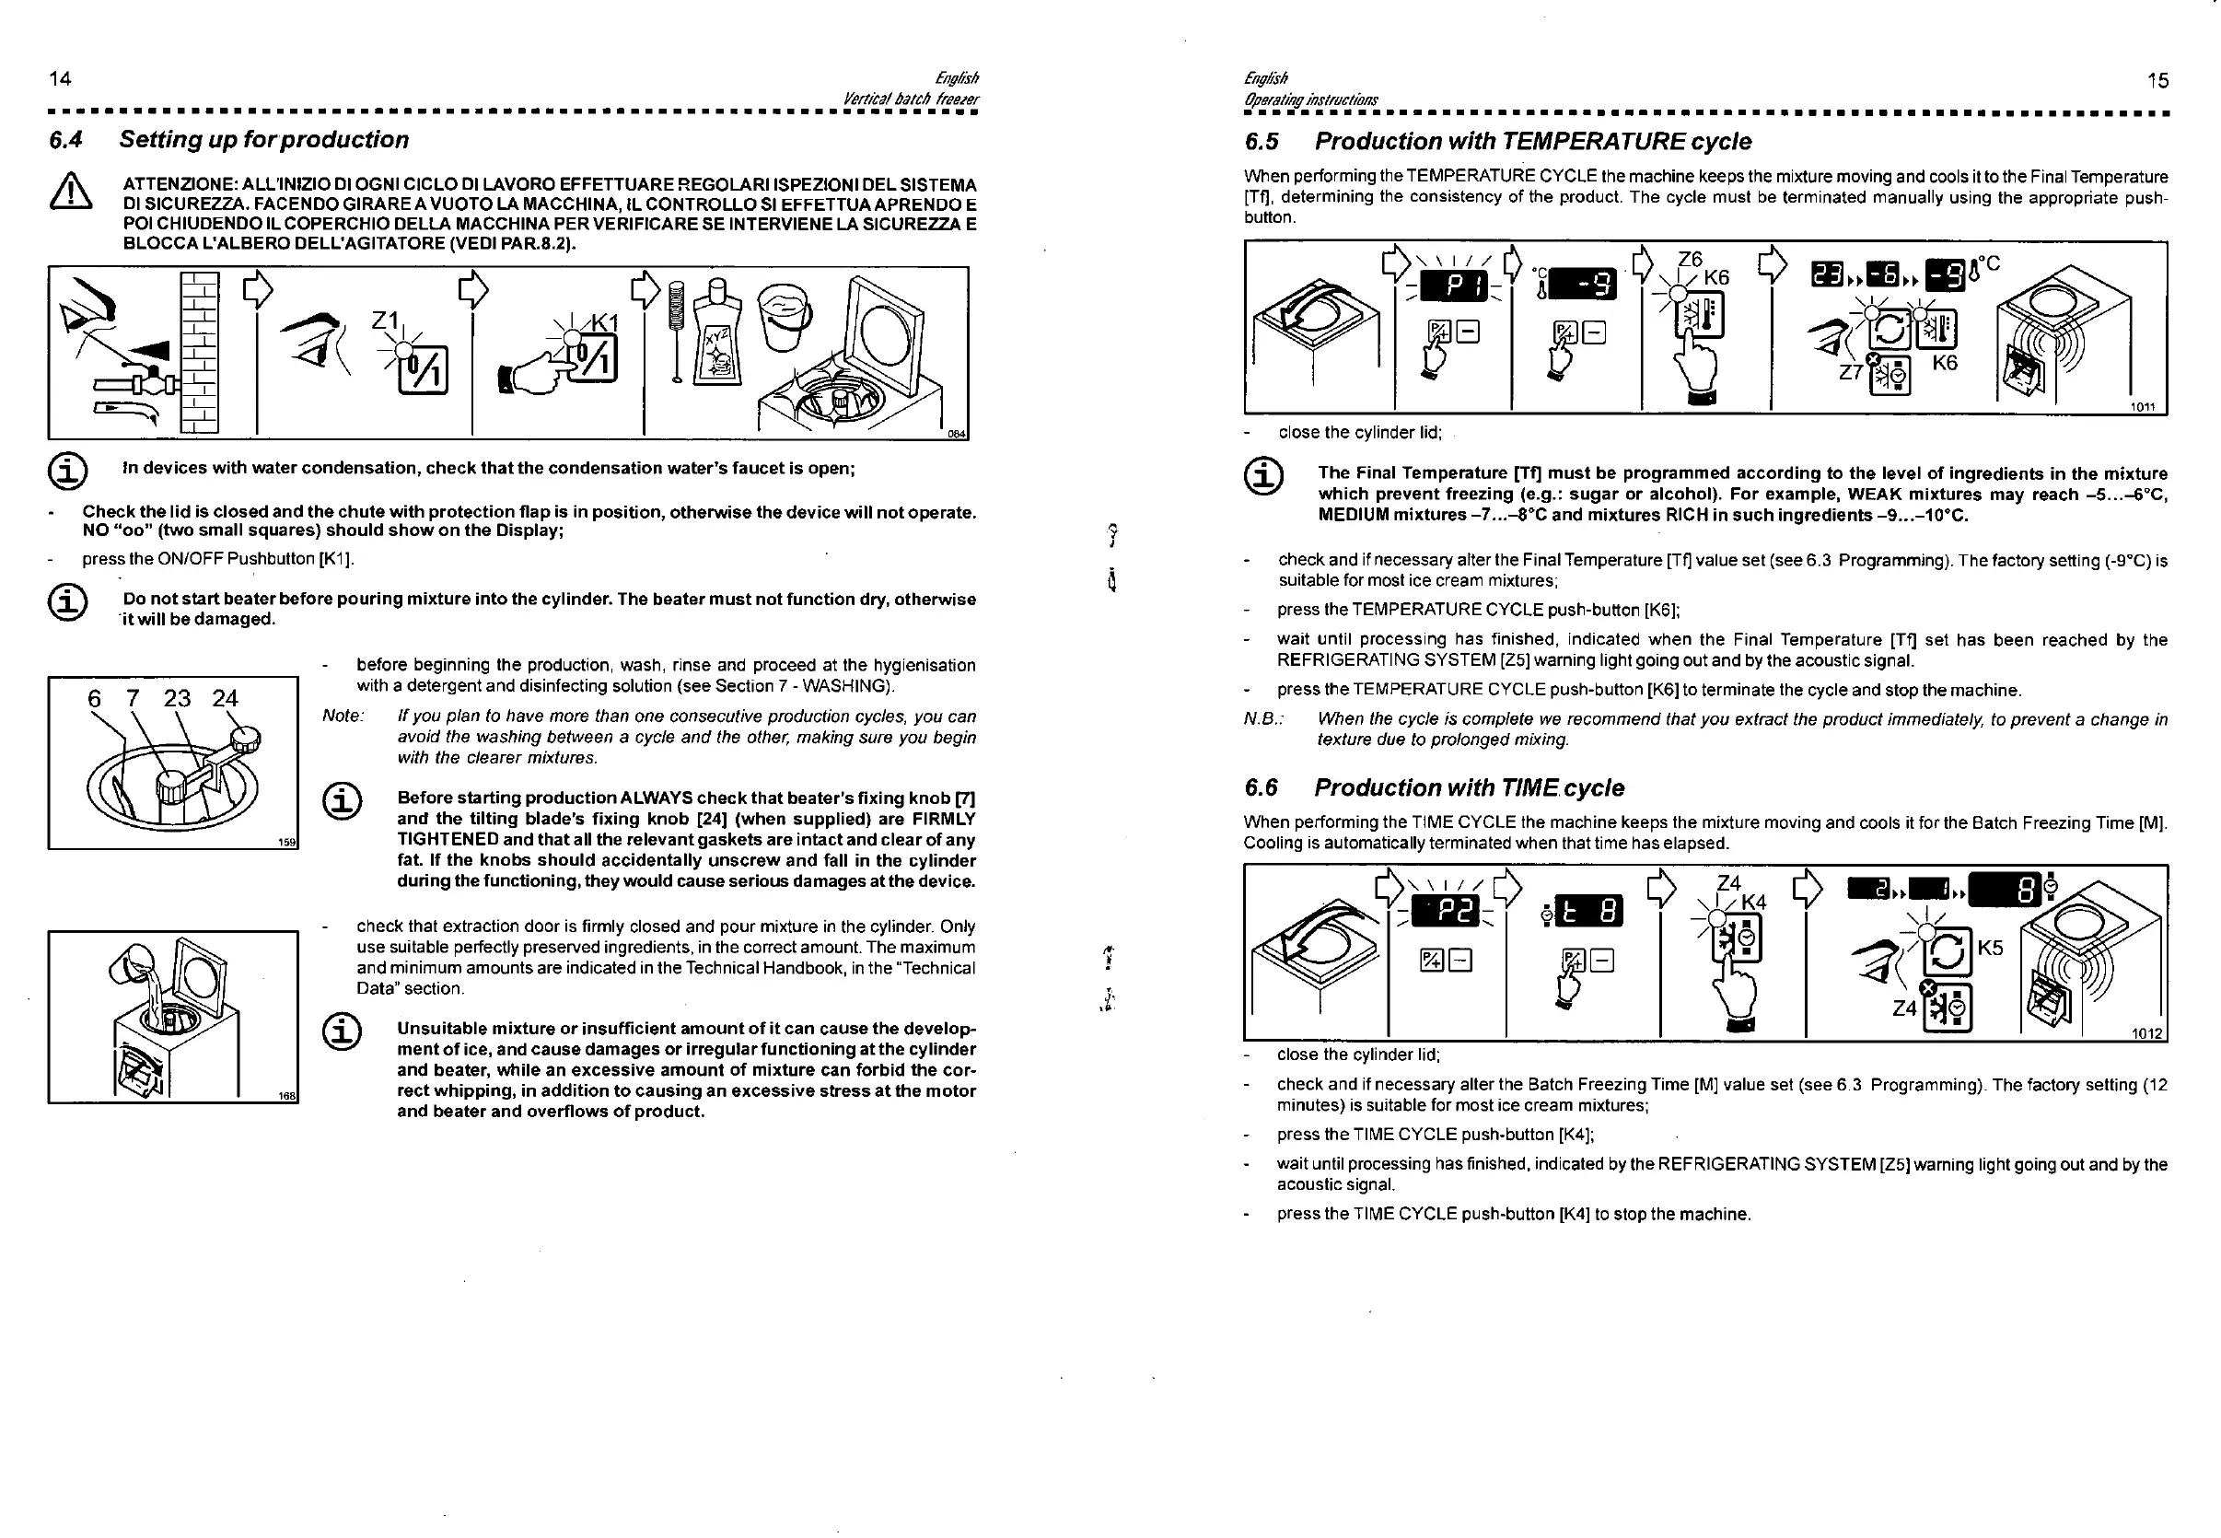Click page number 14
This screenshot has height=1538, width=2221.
[x=60, y=79]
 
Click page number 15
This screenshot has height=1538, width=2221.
[x=2157, y=81]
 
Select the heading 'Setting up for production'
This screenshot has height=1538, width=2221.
[x=263, y=140]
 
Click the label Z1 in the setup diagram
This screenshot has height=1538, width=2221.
[x=386, y=319]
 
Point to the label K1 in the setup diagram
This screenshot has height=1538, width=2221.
[x=605, y=321]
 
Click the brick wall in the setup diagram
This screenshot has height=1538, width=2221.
[x=200, y=352]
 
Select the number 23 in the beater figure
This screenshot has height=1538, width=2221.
[x=176, y=699]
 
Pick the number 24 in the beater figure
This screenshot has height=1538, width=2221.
[x=225, y=699]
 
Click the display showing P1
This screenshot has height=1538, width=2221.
[x=1454, y=286]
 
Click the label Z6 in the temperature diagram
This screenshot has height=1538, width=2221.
[x=1690, y=259]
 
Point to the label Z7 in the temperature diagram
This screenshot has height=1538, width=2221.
[x=1850, y=372]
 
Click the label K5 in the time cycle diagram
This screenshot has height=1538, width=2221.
[x=1990, y=948]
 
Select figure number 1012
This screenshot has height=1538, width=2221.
[x=2146, y=1034]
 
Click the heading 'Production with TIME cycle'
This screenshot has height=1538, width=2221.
[x=1469, y=788]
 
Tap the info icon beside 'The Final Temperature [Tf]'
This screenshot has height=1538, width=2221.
[x=1263, y=476]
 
